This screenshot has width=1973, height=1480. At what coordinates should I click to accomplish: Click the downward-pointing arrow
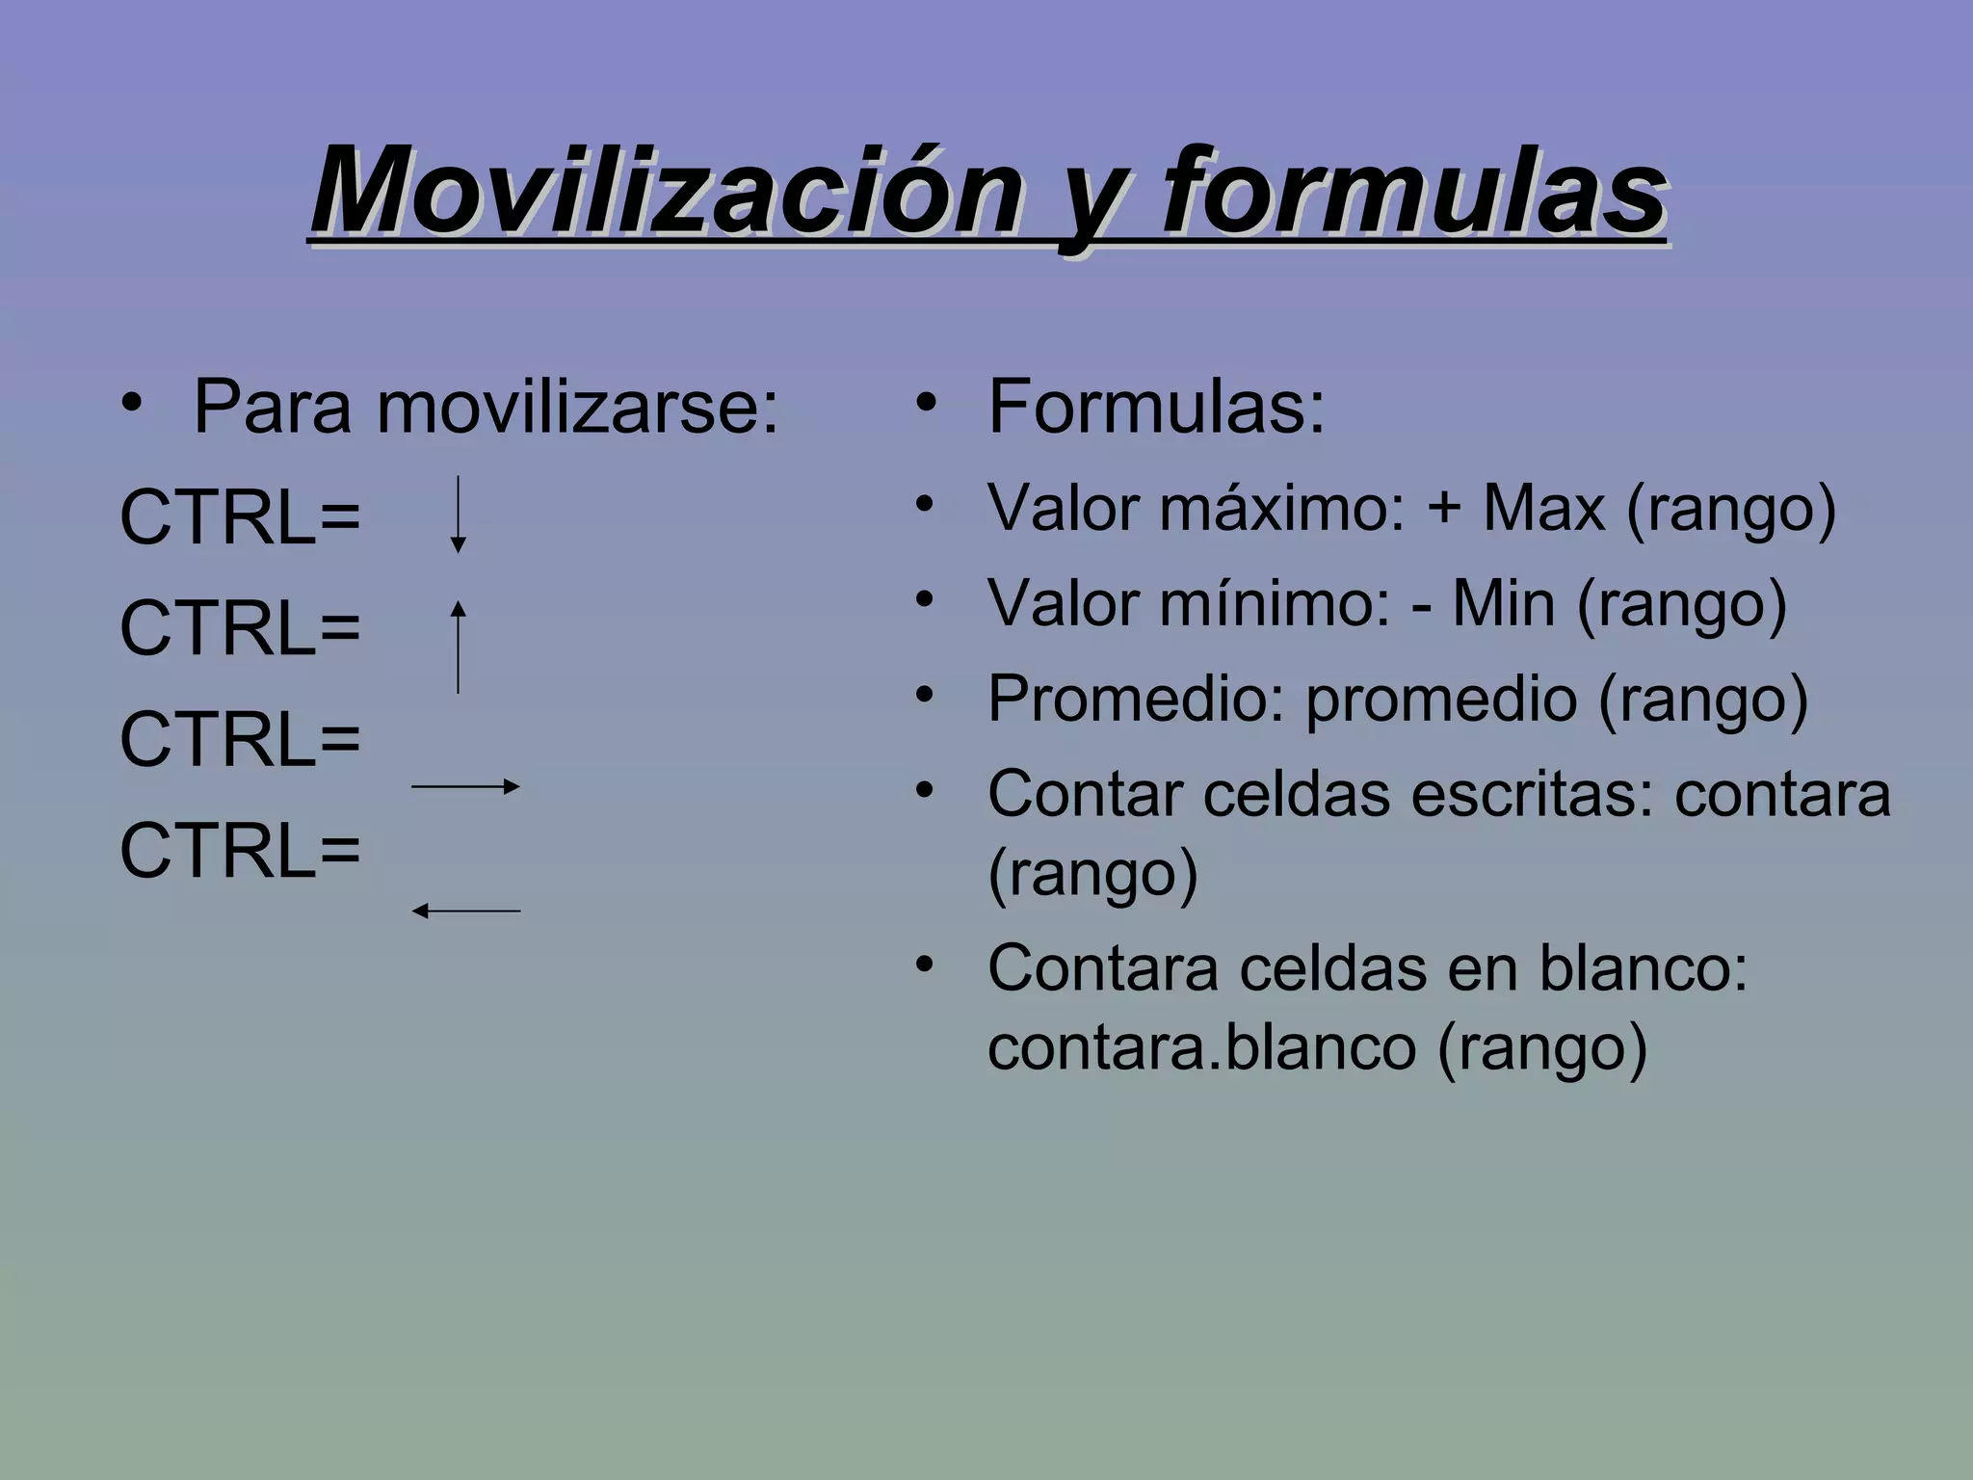[459, 515]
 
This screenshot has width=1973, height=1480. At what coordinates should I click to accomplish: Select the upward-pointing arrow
[459, 647]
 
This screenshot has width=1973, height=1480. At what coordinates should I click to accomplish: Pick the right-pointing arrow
[465, 786]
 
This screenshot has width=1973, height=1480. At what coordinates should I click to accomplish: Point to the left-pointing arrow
[465, 911]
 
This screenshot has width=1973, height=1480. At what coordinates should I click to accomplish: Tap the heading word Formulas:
[1156, 409]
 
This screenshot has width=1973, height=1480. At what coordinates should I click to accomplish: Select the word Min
[1503, 604]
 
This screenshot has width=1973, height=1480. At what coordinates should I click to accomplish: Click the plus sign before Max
[1444, 508]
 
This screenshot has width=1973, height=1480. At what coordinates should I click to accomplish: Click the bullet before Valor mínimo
[925, 599]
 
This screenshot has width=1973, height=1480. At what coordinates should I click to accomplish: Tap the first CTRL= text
[240, 518]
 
